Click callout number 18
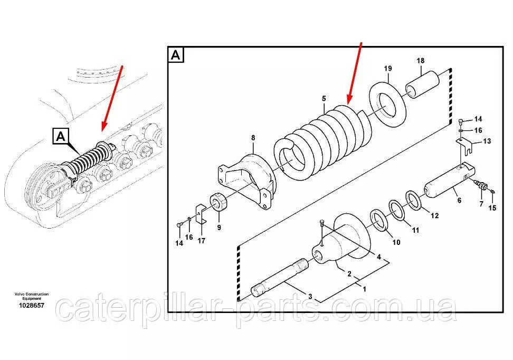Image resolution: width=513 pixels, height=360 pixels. click(421, 61)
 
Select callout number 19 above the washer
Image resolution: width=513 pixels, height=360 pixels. click(388, 69)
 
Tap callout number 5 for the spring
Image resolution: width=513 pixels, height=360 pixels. click(324, 98)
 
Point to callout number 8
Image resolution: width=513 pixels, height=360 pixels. click(253, 138)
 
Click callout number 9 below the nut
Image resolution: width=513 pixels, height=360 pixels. click(219, 228)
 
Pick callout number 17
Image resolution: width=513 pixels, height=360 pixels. click(202, 241)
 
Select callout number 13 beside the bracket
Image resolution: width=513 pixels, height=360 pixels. click(487, 141)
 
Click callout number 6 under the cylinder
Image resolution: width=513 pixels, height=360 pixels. click(459, 200)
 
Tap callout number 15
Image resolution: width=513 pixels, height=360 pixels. click(492, 207)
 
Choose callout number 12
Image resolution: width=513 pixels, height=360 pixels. click(434, 216)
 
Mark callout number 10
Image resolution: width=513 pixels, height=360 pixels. click(396, 242)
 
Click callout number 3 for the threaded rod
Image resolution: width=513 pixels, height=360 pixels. click(310, 297)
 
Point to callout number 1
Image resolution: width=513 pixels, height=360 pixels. click(364, 289)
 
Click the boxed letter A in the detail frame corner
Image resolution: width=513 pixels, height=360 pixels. click(176, 55)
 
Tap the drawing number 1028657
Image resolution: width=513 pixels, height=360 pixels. click(32, 305)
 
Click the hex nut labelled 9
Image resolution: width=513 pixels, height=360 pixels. click(218, 203)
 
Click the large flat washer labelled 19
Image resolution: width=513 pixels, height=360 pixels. click(388, 105)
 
